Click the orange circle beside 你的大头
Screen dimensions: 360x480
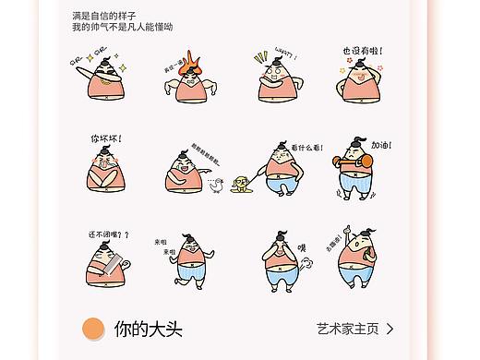93,329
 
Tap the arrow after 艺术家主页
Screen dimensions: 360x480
390,329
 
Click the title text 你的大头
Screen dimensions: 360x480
143,329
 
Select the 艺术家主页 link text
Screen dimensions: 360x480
347,329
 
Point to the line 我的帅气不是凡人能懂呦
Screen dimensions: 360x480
122,28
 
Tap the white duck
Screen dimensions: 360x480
216,186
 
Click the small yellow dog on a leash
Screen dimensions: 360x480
243,183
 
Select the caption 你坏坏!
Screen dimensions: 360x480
105,138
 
